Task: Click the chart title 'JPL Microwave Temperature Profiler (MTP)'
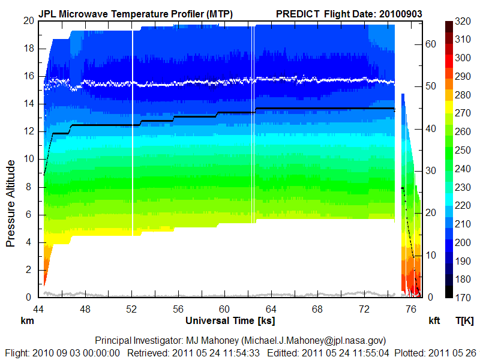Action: click(x=136, y=13)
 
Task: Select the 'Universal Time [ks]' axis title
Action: click(x=230, y=320)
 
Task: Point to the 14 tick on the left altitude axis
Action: click(x=28, y=104)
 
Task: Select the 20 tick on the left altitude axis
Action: click(x=28, y=20)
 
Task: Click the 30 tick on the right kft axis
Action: click(x=430, y=170)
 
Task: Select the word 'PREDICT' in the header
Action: click(x=297, y=13)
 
